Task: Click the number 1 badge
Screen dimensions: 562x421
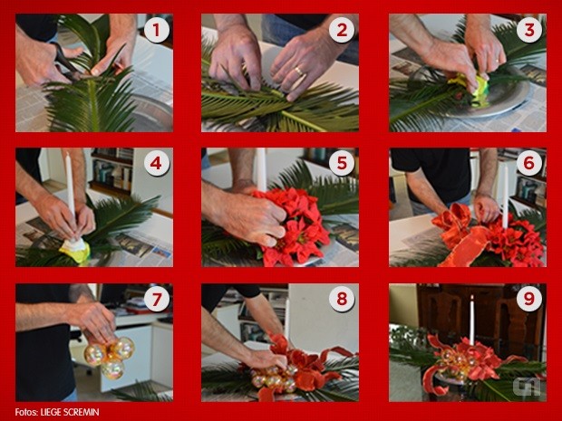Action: (157, 31)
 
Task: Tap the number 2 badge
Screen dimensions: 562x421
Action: (342, 31)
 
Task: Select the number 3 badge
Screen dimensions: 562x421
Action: (529, 31)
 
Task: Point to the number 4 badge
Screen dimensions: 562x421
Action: (157, 164)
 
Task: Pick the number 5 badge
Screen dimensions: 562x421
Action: (342, 164)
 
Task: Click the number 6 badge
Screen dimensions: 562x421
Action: (529, 164)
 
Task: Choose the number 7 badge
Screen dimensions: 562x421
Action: (157, 299)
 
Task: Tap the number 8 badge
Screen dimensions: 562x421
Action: (342, 299)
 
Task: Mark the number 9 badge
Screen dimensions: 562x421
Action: (529, 299)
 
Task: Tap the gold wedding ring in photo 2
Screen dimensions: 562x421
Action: (298, 72)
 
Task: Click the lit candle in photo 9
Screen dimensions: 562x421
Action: (471, 320)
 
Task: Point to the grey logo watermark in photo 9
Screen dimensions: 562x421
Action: (527, 387)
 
